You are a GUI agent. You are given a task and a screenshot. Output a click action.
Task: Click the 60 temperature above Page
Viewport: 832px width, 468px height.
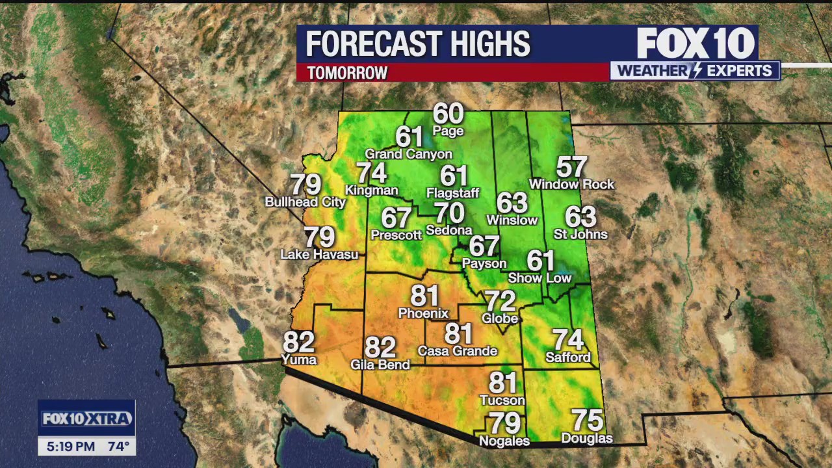pos(448,114)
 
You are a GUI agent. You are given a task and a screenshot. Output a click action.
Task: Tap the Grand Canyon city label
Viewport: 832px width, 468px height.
pos(408,154)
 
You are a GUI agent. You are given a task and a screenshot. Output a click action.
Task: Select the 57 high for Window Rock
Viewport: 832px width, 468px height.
pos(571,167)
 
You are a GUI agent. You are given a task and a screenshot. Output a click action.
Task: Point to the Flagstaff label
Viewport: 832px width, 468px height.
pos(452,193)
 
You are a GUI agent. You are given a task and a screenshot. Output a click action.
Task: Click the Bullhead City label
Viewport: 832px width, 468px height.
pos(305,202)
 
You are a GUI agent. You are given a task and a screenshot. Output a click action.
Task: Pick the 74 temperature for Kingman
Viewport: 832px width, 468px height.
pos(371,173)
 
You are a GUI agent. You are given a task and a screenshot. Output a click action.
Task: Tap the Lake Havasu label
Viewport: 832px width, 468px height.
pos(319,254)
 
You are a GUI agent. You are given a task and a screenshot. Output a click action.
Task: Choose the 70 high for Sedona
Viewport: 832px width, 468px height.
pos(449,213)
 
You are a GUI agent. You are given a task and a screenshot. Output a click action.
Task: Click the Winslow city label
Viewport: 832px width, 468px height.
pos(512,220)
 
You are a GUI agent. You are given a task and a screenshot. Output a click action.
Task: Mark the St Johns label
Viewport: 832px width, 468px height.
pos(580,234)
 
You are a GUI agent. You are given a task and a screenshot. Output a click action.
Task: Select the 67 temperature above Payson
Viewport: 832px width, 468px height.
pos(484,246)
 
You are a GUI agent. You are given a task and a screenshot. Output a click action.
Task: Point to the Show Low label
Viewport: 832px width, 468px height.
pos(539,278)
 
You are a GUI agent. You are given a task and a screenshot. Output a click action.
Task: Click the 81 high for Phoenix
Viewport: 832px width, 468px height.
pos(424,296)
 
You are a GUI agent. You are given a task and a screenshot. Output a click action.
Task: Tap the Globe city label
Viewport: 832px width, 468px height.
pos(500,318)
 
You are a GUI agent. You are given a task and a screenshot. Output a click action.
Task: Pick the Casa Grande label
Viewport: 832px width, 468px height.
pos(457,351)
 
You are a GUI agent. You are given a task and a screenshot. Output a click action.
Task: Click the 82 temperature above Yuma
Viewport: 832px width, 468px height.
pos(298,342)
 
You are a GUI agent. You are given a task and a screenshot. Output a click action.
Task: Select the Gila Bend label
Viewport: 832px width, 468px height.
pos(380,365)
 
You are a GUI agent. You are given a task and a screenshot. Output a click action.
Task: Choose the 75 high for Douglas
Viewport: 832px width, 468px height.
pos(587,421)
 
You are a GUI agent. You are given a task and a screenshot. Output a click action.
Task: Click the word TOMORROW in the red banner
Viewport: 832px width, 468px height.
pos(347,73)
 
